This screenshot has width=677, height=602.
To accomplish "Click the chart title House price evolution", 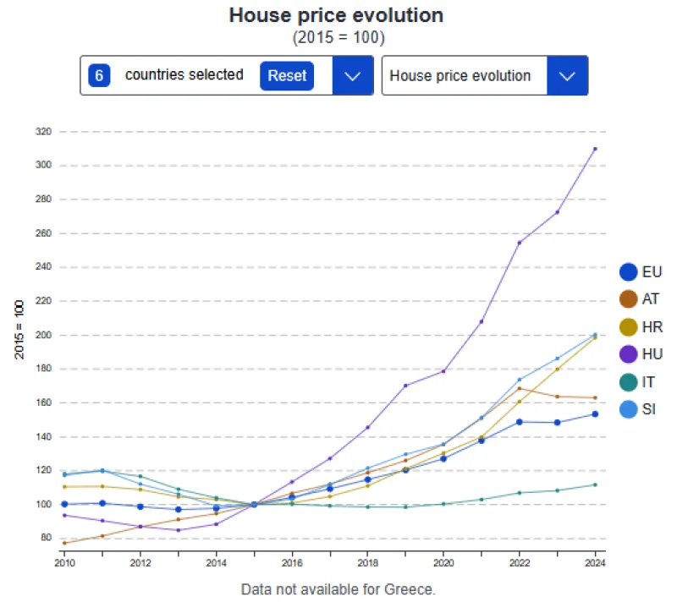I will pos(337,15).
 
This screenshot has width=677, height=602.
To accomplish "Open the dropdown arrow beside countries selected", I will pos(353,75).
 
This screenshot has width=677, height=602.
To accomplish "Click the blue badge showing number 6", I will pos(99,75).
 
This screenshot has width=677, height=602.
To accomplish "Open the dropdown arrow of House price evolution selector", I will pos(567,75).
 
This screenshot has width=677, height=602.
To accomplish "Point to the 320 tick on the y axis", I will pos(43,132).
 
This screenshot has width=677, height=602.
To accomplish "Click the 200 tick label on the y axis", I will pos(43,336).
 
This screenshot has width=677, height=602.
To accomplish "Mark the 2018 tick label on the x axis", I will pos(368,562).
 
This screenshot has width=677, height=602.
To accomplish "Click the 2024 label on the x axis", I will pos(595,562).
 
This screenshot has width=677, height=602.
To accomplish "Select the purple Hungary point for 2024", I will pos(595,149).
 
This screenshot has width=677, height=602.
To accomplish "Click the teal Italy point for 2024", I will pos(595,484).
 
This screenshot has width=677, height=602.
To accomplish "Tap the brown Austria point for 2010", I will pos(65,543).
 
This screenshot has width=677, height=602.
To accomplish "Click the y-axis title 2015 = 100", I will pos(19,329).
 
